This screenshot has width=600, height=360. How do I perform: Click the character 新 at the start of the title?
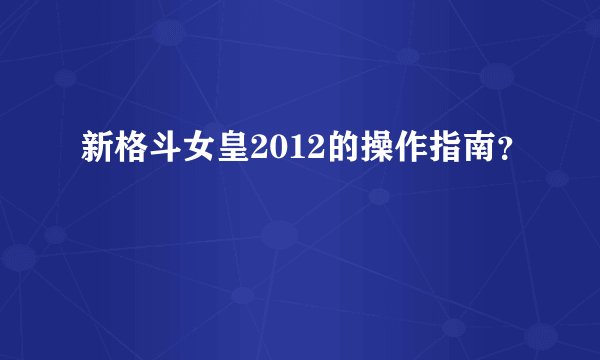(96, 151)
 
